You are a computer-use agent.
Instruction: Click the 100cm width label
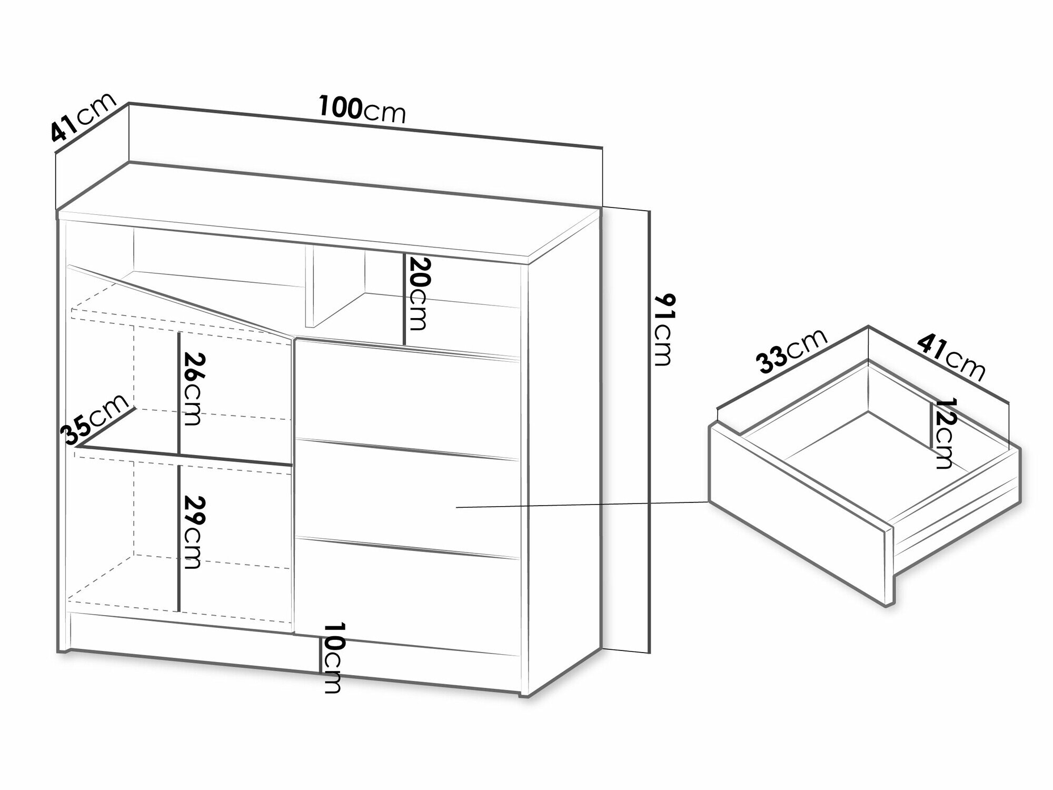click(362, 112)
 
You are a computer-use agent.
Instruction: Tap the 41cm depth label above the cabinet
click(83, 118)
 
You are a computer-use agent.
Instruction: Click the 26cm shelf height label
click(191, 388)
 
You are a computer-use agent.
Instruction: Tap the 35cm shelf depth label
click(95, 419)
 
